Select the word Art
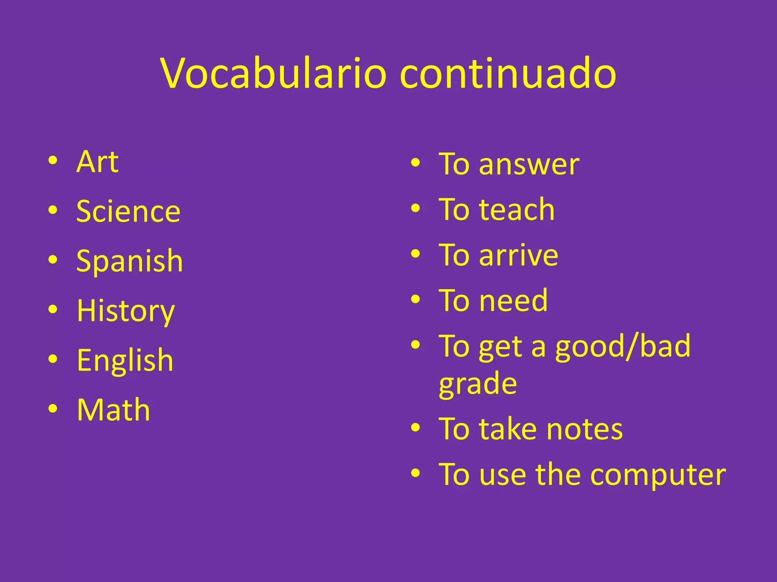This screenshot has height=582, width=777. [98, 162]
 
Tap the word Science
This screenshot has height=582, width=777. [128, 211]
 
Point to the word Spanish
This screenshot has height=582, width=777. [129, 261]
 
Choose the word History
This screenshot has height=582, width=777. [126, 311]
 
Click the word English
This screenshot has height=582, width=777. [125, 360]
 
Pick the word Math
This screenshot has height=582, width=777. [113, 410]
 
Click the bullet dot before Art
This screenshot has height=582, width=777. [53, 161]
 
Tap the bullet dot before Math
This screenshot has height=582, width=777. [53, 409]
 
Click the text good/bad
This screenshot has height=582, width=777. [623, 346]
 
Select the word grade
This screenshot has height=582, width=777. [478, 383]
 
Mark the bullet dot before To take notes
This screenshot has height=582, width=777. [415, 428]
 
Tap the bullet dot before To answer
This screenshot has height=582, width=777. [415, 163]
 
